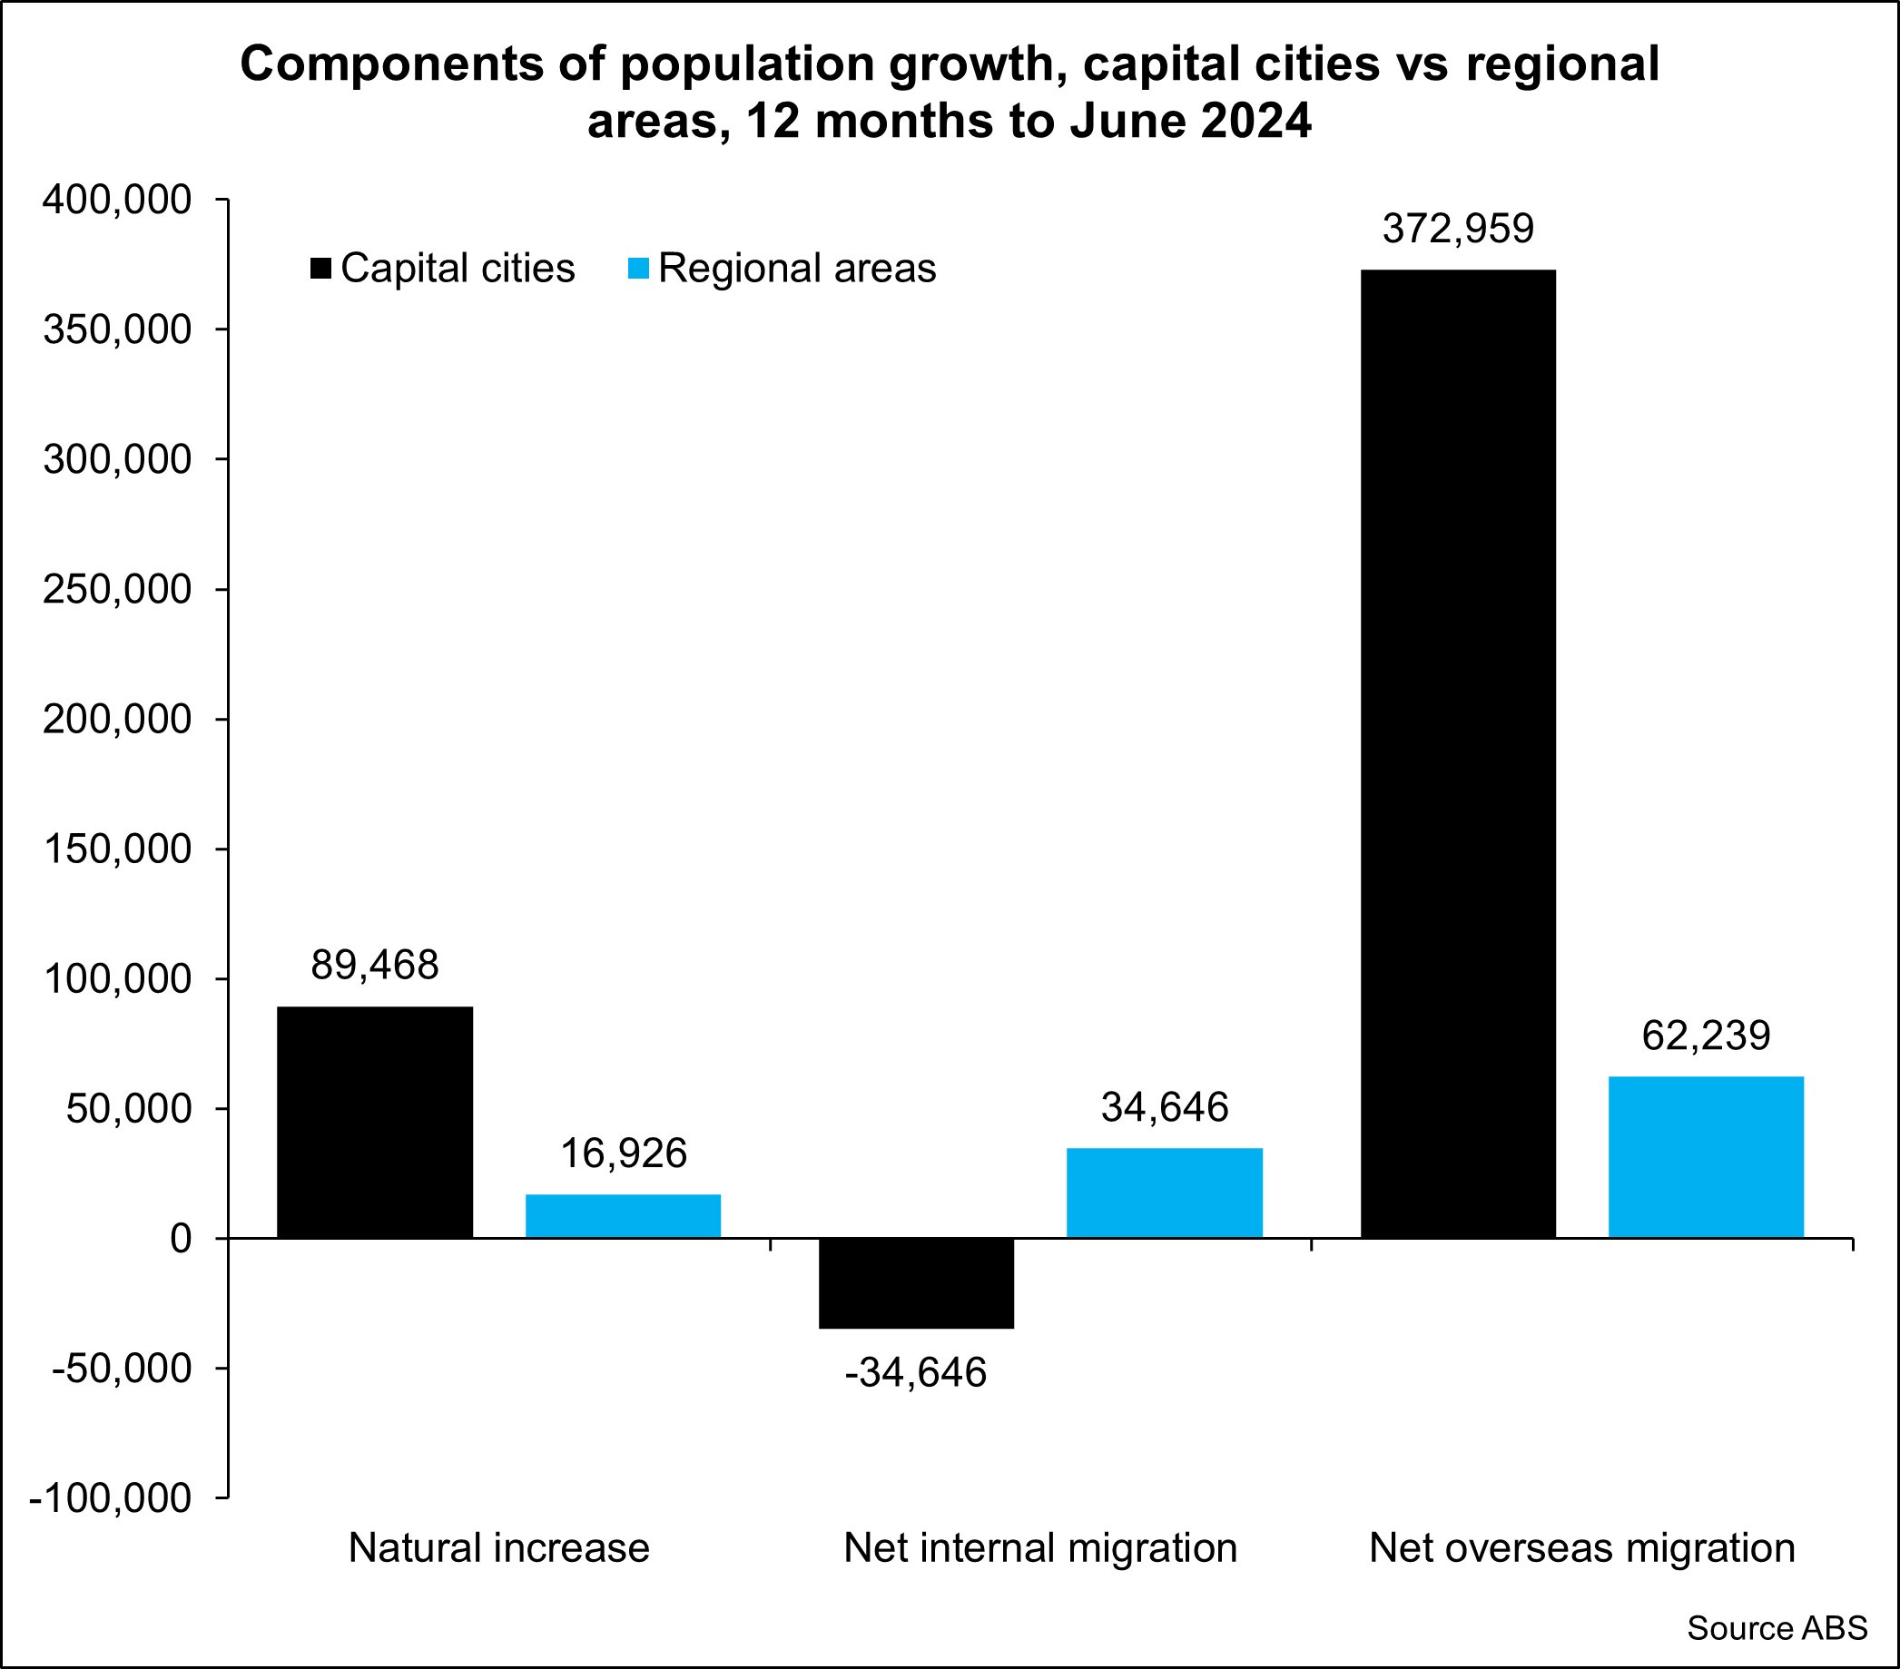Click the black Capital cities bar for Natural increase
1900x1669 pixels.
coord(375,1122)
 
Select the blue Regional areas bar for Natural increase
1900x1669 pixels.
coord(623,1215)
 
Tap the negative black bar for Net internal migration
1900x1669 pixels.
coord(916,1283)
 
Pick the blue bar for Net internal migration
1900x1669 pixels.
coord(1164,1193)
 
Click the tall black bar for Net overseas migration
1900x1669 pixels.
coord(1458,752)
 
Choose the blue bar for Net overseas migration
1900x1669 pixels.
coord(1706,1156)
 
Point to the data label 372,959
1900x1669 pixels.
coord(1458,229)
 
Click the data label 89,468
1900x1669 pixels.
coord(375,966)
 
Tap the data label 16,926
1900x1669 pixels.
coord(623,1154)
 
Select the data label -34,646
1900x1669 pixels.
coord(916,1372)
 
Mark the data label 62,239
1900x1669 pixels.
coord(1706,1036)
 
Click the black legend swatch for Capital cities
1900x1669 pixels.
coord(320,269)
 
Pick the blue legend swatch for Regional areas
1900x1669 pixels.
coord(638,269)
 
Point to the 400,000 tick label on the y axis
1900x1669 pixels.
coord(117,200)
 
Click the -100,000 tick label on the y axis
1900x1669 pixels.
coord(111,1498)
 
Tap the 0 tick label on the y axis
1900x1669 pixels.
coord(181,1239)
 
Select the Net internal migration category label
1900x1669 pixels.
coord(1040,1548)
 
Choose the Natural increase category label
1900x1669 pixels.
coord(499,1548)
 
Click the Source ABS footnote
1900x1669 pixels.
coord(1777,1628)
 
